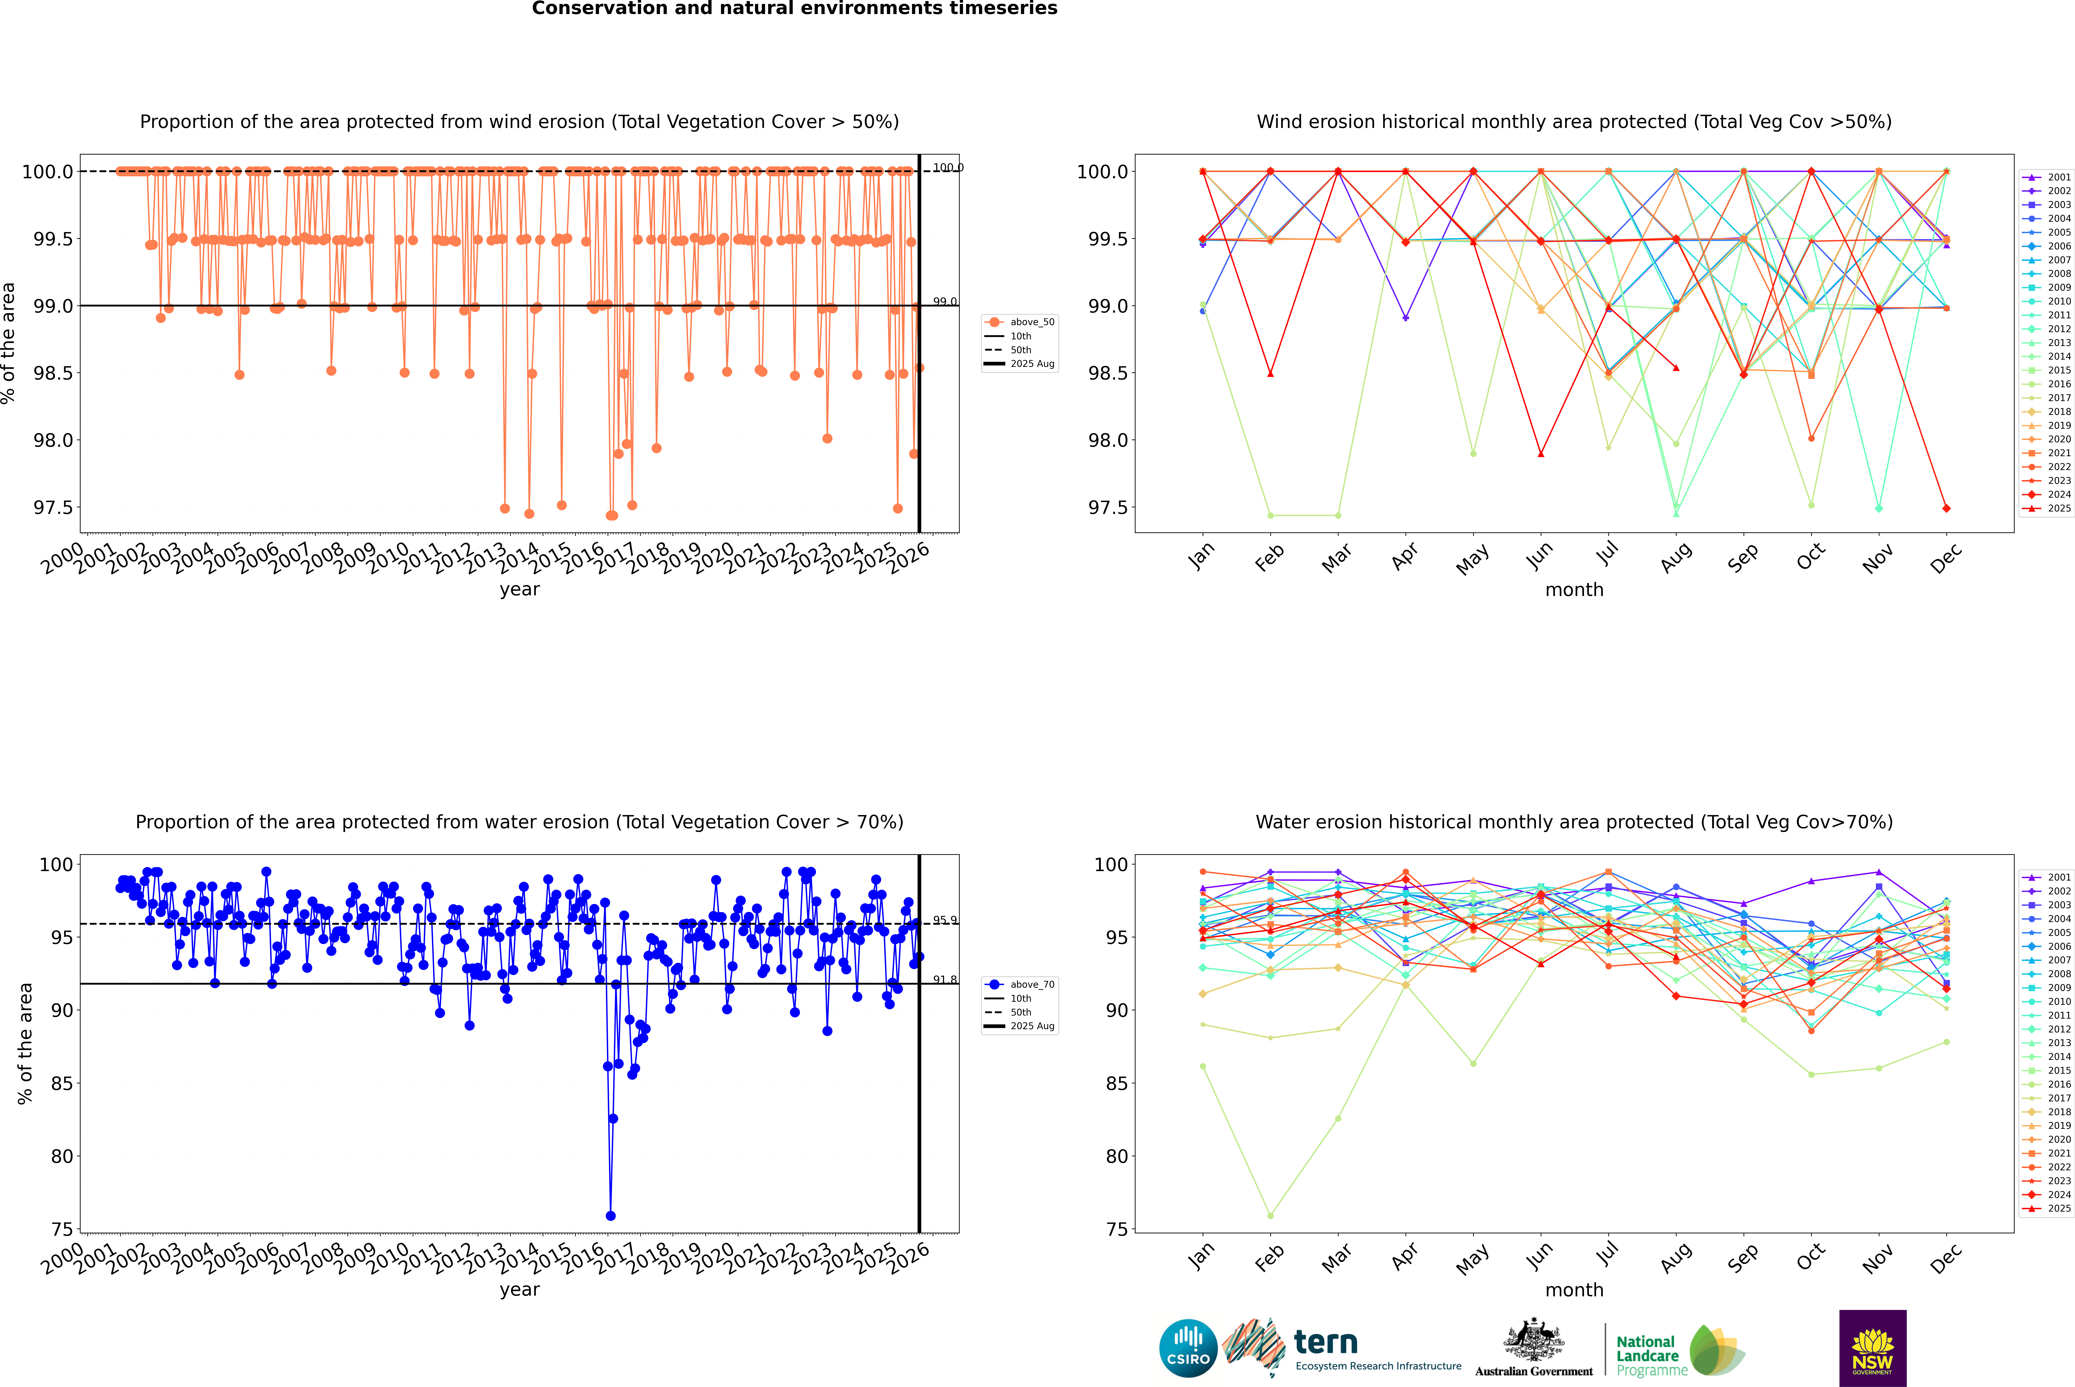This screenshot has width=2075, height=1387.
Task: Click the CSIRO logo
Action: [x=1188, y=1348]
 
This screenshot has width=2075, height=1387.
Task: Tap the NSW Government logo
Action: [x=1872, y=1348]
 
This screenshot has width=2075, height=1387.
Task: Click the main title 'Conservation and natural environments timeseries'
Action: [x=794, y=9]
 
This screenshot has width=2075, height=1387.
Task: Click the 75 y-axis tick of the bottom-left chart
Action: [x=62, y=1230]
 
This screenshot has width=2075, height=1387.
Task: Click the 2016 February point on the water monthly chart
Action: [x=1270, y=1215]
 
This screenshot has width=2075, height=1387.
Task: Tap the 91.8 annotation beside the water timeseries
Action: [x=945, y=980]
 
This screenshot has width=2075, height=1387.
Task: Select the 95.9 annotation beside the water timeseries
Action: [x=945, y=920]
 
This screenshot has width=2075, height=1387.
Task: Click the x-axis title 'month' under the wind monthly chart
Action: [x=1573, y=590]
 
